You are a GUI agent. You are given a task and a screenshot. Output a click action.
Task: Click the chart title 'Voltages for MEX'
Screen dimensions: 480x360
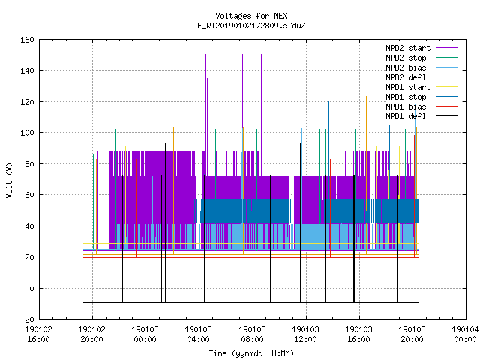pyautogui.click(x=251, y=16)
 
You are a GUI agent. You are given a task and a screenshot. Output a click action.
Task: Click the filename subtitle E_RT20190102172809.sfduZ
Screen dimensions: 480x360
pyautogui.click(x=251, y=25)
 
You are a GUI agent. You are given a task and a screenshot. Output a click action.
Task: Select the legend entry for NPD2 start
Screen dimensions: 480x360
pyautogui.click(x=408, y=48)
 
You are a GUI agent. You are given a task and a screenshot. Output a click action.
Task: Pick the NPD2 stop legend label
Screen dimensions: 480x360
pyautogui.click(x=406, y=58)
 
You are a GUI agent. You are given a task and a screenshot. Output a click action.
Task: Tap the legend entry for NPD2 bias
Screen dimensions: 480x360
pyautogui.click(x=406, y=67)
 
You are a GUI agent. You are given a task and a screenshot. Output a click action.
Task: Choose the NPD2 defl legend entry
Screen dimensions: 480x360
pyautogui.click(x=406, y=77)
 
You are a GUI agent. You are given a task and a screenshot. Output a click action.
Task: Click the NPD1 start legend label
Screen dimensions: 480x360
pyautogui.click(x=408, y=87)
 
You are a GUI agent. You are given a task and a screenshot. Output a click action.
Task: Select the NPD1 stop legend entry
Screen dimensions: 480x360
pyautogui.click(x=406, y=97)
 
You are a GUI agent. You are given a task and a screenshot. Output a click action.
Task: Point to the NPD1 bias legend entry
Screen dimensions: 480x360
pyautogui.click(x=406, y=106)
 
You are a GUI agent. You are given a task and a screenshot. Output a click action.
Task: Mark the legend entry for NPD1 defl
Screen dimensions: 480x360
pyautogui.click(x=406, y=117)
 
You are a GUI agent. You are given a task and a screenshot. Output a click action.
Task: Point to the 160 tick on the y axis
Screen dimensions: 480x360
pyautogui.click(x=27, y=40)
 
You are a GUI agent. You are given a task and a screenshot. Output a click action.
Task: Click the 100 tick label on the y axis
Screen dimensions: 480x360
pyautogui.click(x=27, y=133)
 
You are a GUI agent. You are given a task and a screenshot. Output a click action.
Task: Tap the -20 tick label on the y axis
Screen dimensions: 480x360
pyautogui.click(x=27, y=319)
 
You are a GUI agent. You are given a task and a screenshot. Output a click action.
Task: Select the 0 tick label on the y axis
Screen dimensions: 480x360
pyautogui.click(x=31, y=288)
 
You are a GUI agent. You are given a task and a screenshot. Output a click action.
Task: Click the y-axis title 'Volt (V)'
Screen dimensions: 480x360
pyautogui.click(x=10, y=180)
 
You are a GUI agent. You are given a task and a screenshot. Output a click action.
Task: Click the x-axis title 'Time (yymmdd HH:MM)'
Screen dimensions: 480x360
pyautogui.click(x=251, y=353)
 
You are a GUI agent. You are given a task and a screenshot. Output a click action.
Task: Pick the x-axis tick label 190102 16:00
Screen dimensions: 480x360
pyautogui.click(x=38, y=334)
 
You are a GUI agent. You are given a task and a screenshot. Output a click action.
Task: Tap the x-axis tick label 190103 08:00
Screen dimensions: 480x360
pyautogui.click(x=252, y=334)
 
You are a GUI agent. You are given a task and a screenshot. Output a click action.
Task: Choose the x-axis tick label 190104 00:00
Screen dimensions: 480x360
pyautogui.click(x=465, y=334)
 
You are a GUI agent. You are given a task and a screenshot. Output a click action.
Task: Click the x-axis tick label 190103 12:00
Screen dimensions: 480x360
pyautogui.click(x=305, y=334)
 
